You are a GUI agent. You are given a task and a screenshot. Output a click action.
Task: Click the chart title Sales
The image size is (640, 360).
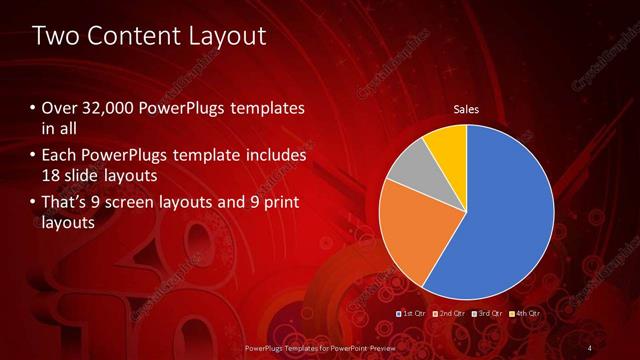coord(466,109)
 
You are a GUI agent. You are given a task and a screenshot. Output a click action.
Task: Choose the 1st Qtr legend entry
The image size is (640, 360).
coord(413,313)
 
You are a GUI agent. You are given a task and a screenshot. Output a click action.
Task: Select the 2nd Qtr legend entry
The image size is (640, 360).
coord(449,313)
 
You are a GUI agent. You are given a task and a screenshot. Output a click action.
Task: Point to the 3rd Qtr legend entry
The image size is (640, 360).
coord(486,313)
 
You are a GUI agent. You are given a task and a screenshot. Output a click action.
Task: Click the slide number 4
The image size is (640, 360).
coord(590,347)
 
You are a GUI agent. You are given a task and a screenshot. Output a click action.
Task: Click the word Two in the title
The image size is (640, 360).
coord(53,36)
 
